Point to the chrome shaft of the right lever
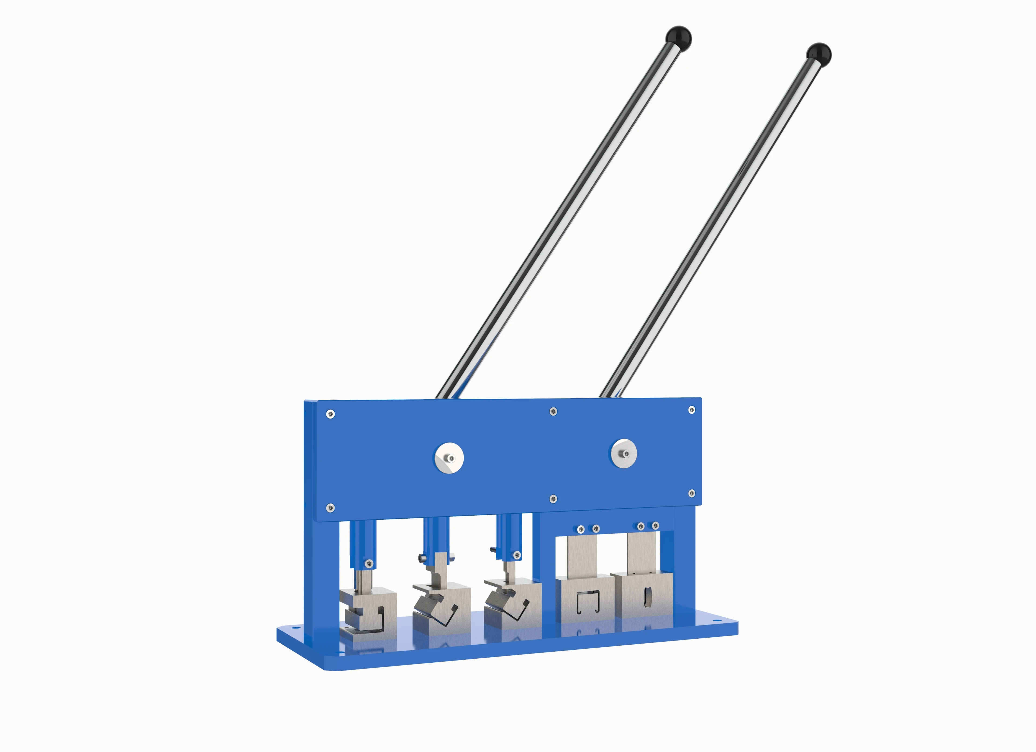point(713,224)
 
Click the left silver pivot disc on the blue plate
point(449,458)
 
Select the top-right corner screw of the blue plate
point(691,410)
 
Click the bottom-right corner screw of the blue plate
point(691,493)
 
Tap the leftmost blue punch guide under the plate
point(362,544)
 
